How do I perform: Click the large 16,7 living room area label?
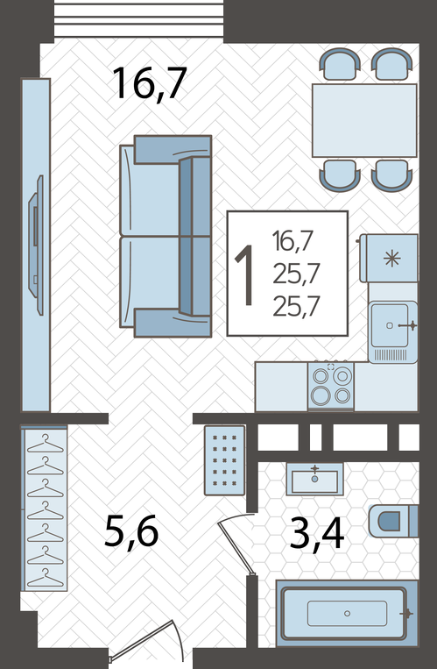click(150, 84)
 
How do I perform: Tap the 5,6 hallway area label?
click(131, 532)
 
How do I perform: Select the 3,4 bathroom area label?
click(317, 534)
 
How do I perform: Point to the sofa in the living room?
click(166, 236)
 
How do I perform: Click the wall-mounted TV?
click(36, 245)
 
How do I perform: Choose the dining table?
click(364, 120)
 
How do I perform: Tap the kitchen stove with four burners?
click(331, 385)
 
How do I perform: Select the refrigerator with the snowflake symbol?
click(389, 258)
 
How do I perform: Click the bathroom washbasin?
click(314, 479)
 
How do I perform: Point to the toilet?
click(393, 521)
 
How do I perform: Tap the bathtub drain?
click(347, 613)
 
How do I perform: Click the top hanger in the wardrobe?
click(46, 444)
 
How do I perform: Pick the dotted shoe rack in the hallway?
click(225, 460)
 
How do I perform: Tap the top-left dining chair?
click(340, 64)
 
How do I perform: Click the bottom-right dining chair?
click(391, 175)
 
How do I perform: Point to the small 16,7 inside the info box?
click(293, 241)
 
